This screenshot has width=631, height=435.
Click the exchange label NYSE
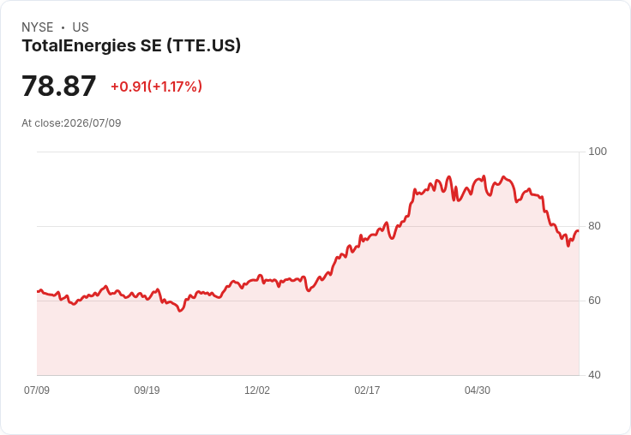(x=38, y=27)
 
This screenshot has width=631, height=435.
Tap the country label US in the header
(x=81, y=27)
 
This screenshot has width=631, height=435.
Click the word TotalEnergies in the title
(x=79, y=45)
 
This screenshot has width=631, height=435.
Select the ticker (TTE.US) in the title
(x=204, y=45)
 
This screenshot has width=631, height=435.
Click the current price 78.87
(x=59, y=86)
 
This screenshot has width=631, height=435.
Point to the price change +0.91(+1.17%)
(x=157, y=86)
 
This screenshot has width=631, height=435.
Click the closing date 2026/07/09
(x=93, y=123)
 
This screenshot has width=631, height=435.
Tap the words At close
(x=41, y=123)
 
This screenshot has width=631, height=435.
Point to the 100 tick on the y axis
(x=598, y=152)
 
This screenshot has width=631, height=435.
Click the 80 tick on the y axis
(x=594, y=226)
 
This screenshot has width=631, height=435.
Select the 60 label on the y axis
(x=594, y=301)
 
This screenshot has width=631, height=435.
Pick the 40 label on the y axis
(x=594, y=375)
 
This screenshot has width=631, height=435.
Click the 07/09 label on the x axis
(x=37, y=390)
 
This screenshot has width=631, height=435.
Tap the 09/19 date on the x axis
(x=147, y=390)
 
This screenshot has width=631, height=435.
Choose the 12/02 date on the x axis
(x=257, y=390)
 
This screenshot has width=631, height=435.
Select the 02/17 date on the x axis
(x=367, y=390)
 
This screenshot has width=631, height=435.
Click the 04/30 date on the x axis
(x=478, y=390)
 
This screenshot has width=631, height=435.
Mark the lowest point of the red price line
(x=180, y=311)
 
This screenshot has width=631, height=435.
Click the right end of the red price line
(x=579, y=230)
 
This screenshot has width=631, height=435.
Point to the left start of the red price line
(x=38, y=291)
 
